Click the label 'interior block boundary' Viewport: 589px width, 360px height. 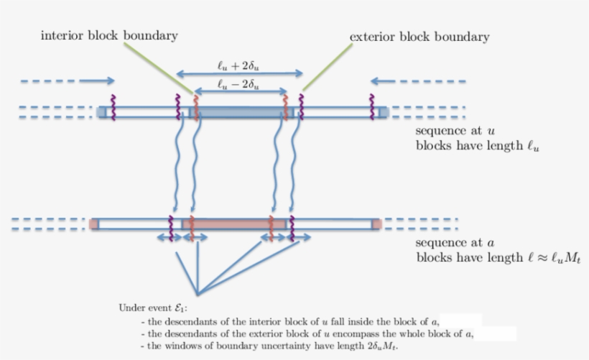(x=109, y=35)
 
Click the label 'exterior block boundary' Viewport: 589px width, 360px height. (x=419, y=37)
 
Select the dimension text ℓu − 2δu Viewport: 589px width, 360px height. (x=238, y=85)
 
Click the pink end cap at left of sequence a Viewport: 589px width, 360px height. (x=94, y=225)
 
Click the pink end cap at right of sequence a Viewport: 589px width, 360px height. (x=377, y=225)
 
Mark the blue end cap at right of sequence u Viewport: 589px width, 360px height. (x=383, y=112)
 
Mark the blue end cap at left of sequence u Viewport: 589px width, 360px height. (x=101, y=112)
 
